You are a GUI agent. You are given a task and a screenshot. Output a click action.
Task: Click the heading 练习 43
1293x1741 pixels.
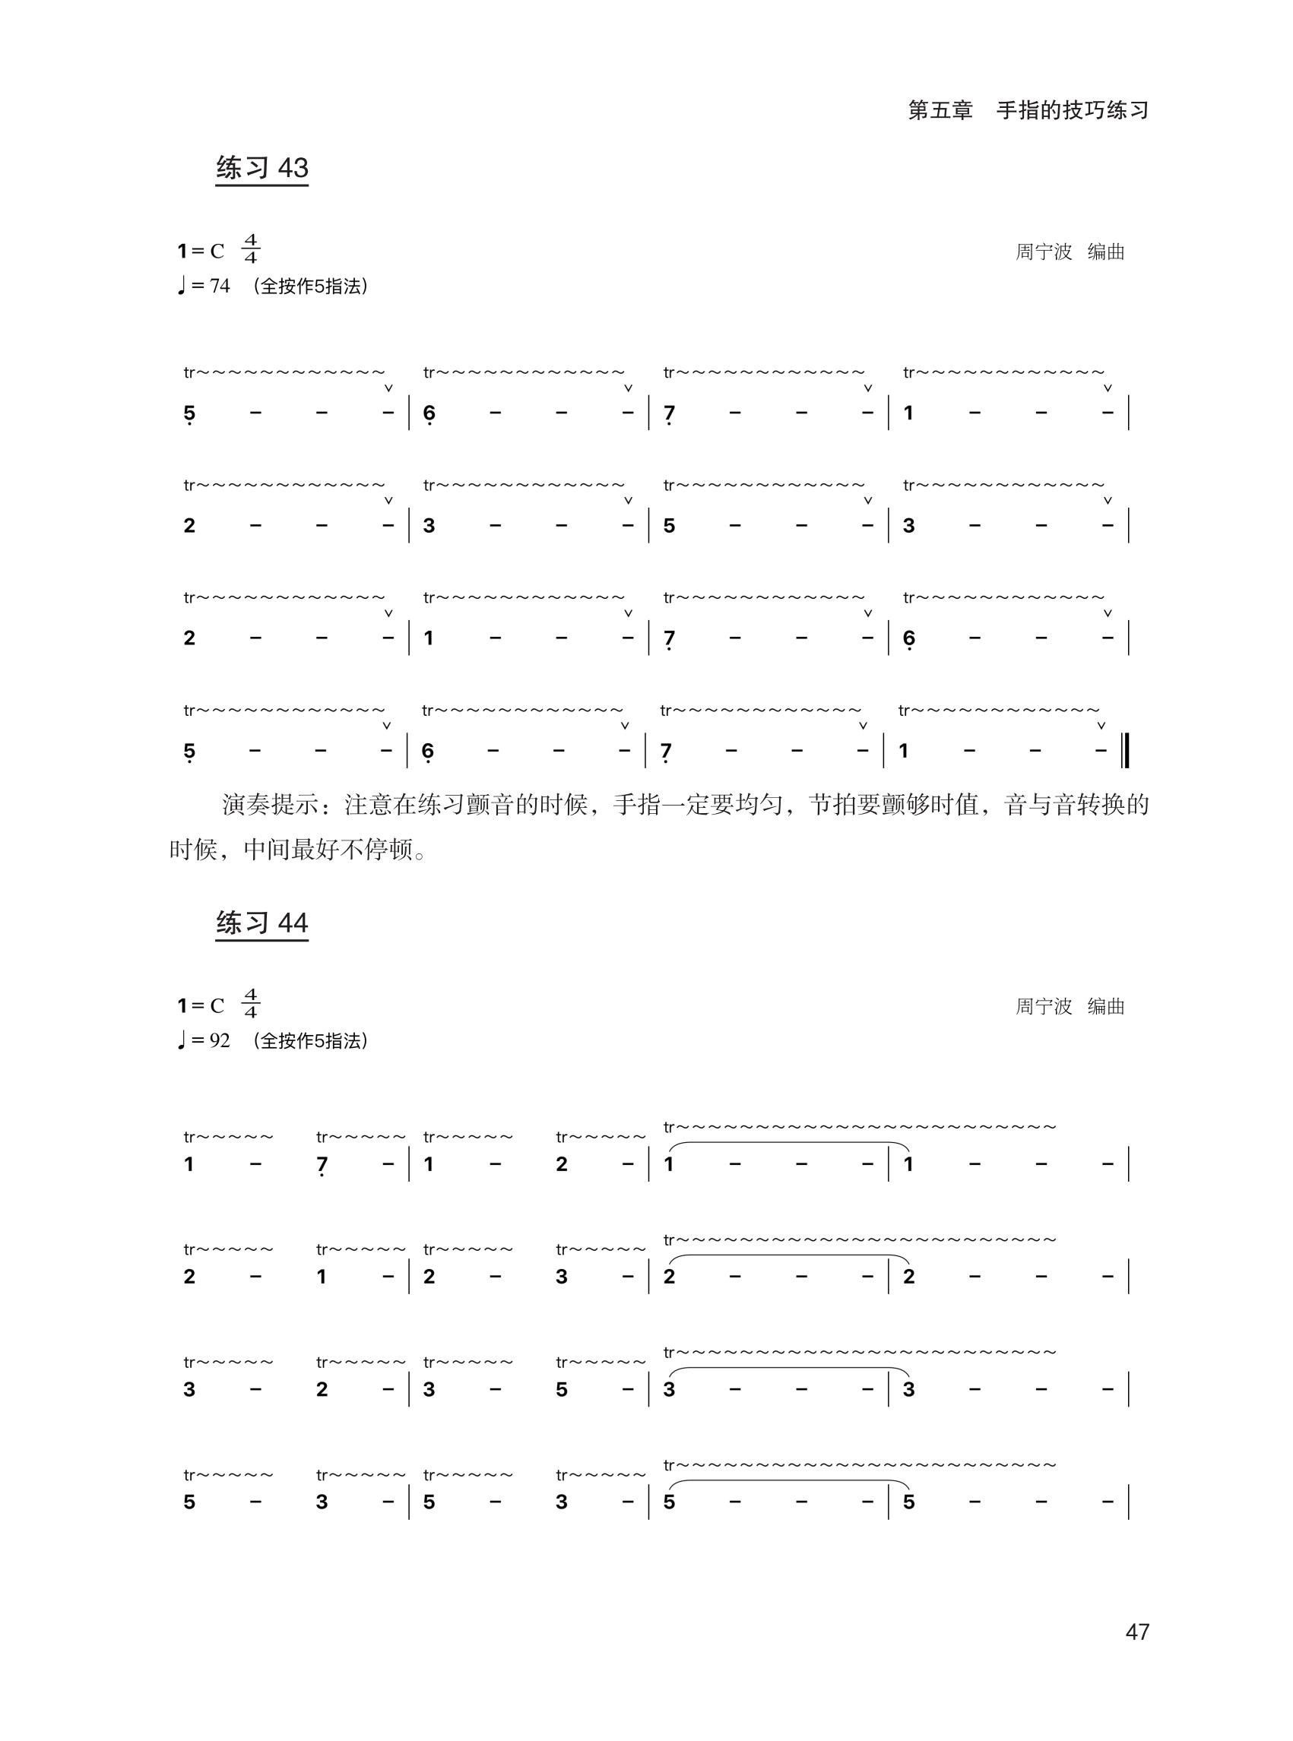pos(262,168)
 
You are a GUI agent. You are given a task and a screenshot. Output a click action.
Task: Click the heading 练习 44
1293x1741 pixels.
pos(262,923)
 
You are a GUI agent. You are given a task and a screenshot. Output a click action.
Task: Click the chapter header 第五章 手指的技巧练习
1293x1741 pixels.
pos(1028,110)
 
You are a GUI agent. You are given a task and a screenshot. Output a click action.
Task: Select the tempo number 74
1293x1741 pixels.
pos(220,286)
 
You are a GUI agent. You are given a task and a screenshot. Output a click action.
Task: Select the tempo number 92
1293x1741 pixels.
pos(220,1040)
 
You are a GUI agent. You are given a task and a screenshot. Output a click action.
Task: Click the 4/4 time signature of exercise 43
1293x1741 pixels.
pos(250,248)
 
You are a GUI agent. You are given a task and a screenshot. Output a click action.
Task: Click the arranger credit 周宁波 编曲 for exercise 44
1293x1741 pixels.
pos(1070,1006)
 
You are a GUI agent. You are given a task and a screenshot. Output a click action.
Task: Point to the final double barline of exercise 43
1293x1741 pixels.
pos(1126,750)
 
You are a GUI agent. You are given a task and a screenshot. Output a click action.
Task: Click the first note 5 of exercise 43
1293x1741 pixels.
pos(189,413)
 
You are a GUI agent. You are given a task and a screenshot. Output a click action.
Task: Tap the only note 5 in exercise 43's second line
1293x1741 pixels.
pos(669,526)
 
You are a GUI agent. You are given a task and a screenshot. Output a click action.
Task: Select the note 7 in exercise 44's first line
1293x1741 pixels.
pos(322,1165)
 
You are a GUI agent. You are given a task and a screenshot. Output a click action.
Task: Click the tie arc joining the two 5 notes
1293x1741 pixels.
pos(788,1481)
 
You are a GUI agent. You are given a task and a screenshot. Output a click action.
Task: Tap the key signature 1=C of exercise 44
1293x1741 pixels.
pos(201,1005)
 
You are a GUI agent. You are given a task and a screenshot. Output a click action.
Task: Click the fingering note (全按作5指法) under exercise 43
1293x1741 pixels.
pos(310,286)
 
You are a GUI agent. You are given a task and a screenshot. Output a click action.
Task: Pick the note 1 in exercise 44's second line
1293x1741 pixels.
pos(322,1277)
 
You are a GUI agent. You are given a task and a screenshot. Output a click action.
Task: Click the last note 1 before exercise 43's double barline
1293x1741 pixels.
pos(904,751)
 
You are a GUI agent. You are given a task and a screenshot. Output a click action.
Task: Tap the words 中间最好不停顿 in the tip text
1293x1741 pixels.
pos(327,850)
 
